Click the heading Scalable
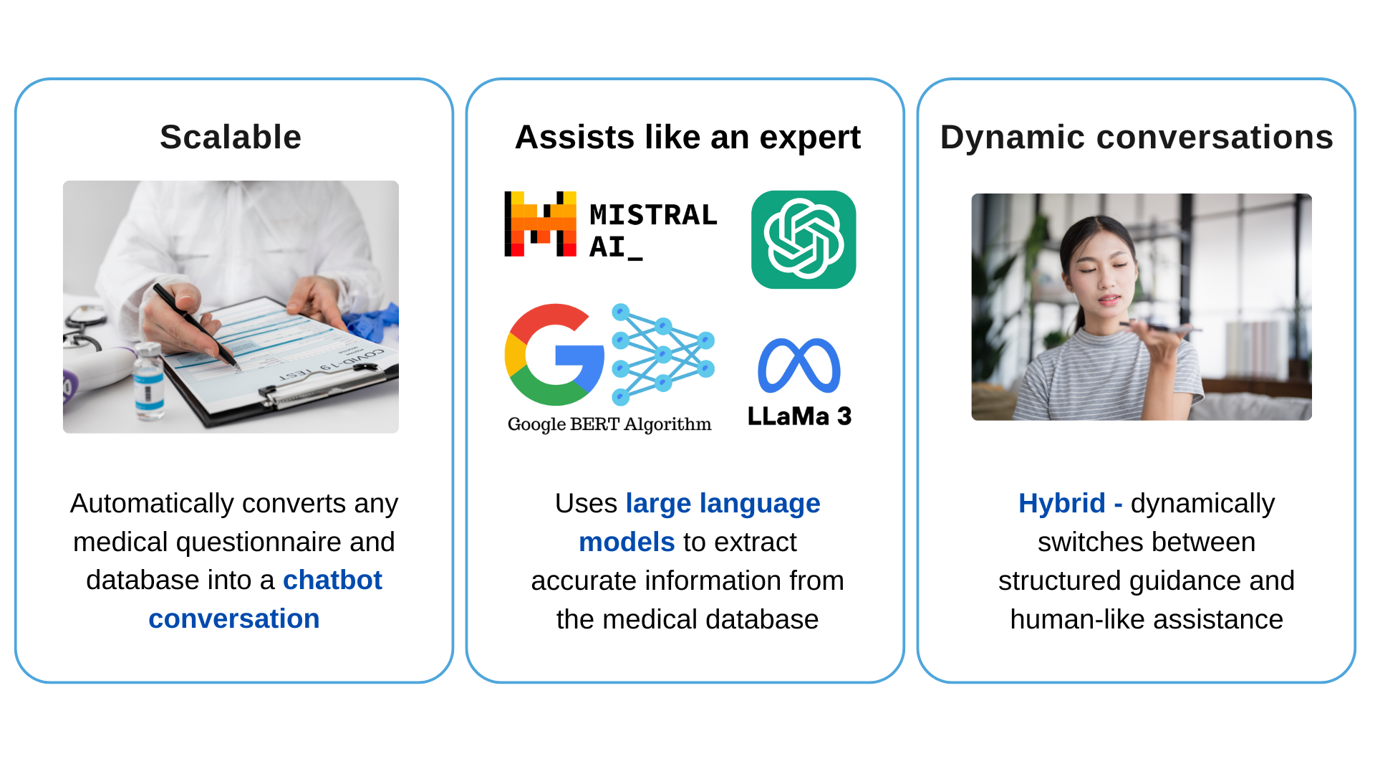pos(231,137)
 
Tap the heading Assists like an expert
pos(687,137)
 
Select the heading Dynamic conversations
pos(1137,137)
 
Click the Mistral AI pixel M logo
pos(541,224)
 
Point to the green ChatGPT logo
pos(804,239)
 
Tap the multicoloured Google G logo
pos(554,355)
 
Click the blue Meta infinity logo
pos(799,365)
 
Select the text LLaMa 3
pos(799,416)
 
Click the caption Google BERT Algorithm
pos(609,424)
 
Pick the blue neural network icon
pos(663,354)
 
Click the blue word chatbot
pos(332,580)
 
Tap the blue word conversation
pos(234,618)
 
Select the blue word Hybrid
pos(1062,503)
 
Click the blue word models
pos(627,542)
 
